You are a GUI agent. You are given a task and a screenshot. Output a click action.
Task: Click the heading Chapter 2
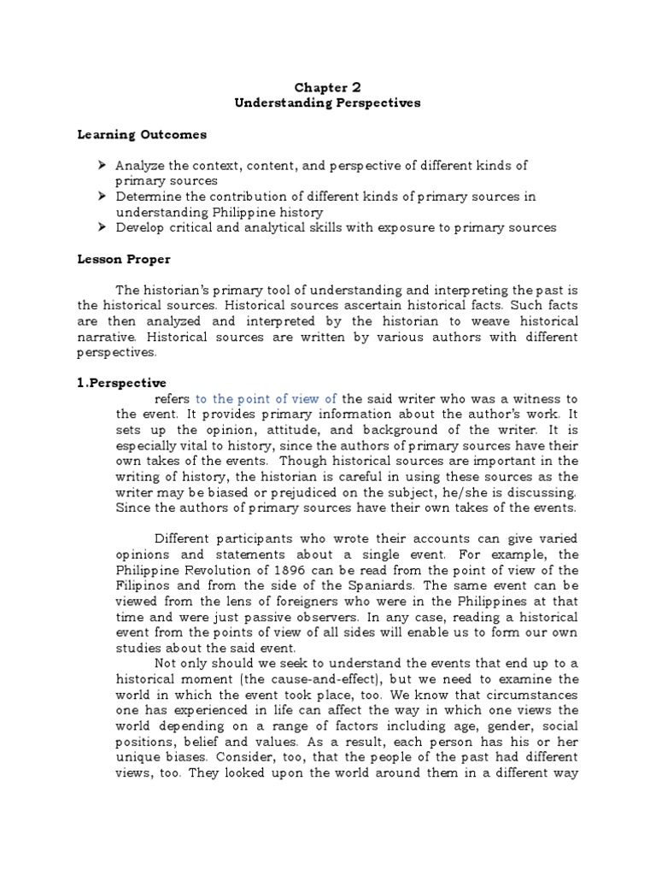click(328, 87)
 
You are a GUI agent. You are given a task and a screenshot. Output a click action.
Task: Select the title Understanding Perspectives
click(328, 103)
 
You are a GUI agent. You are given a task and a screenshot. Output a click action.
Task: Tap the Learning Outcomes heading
click(142, 134)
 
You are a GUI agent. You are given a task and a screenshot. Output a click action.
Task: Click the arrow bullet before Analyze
click(102, 165)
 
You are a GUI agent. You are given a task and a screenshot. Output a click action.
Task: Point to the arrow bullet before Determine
click(102, 197)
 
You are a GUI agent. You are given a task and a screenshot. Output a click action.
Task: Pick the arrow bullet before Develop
click(102, 227)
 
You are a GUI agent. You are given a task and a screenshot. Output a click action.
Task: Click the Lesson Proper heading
click(124, 258)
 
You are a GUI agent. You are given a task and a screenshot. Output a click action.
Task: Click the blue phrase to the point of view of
click(266, 398)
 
